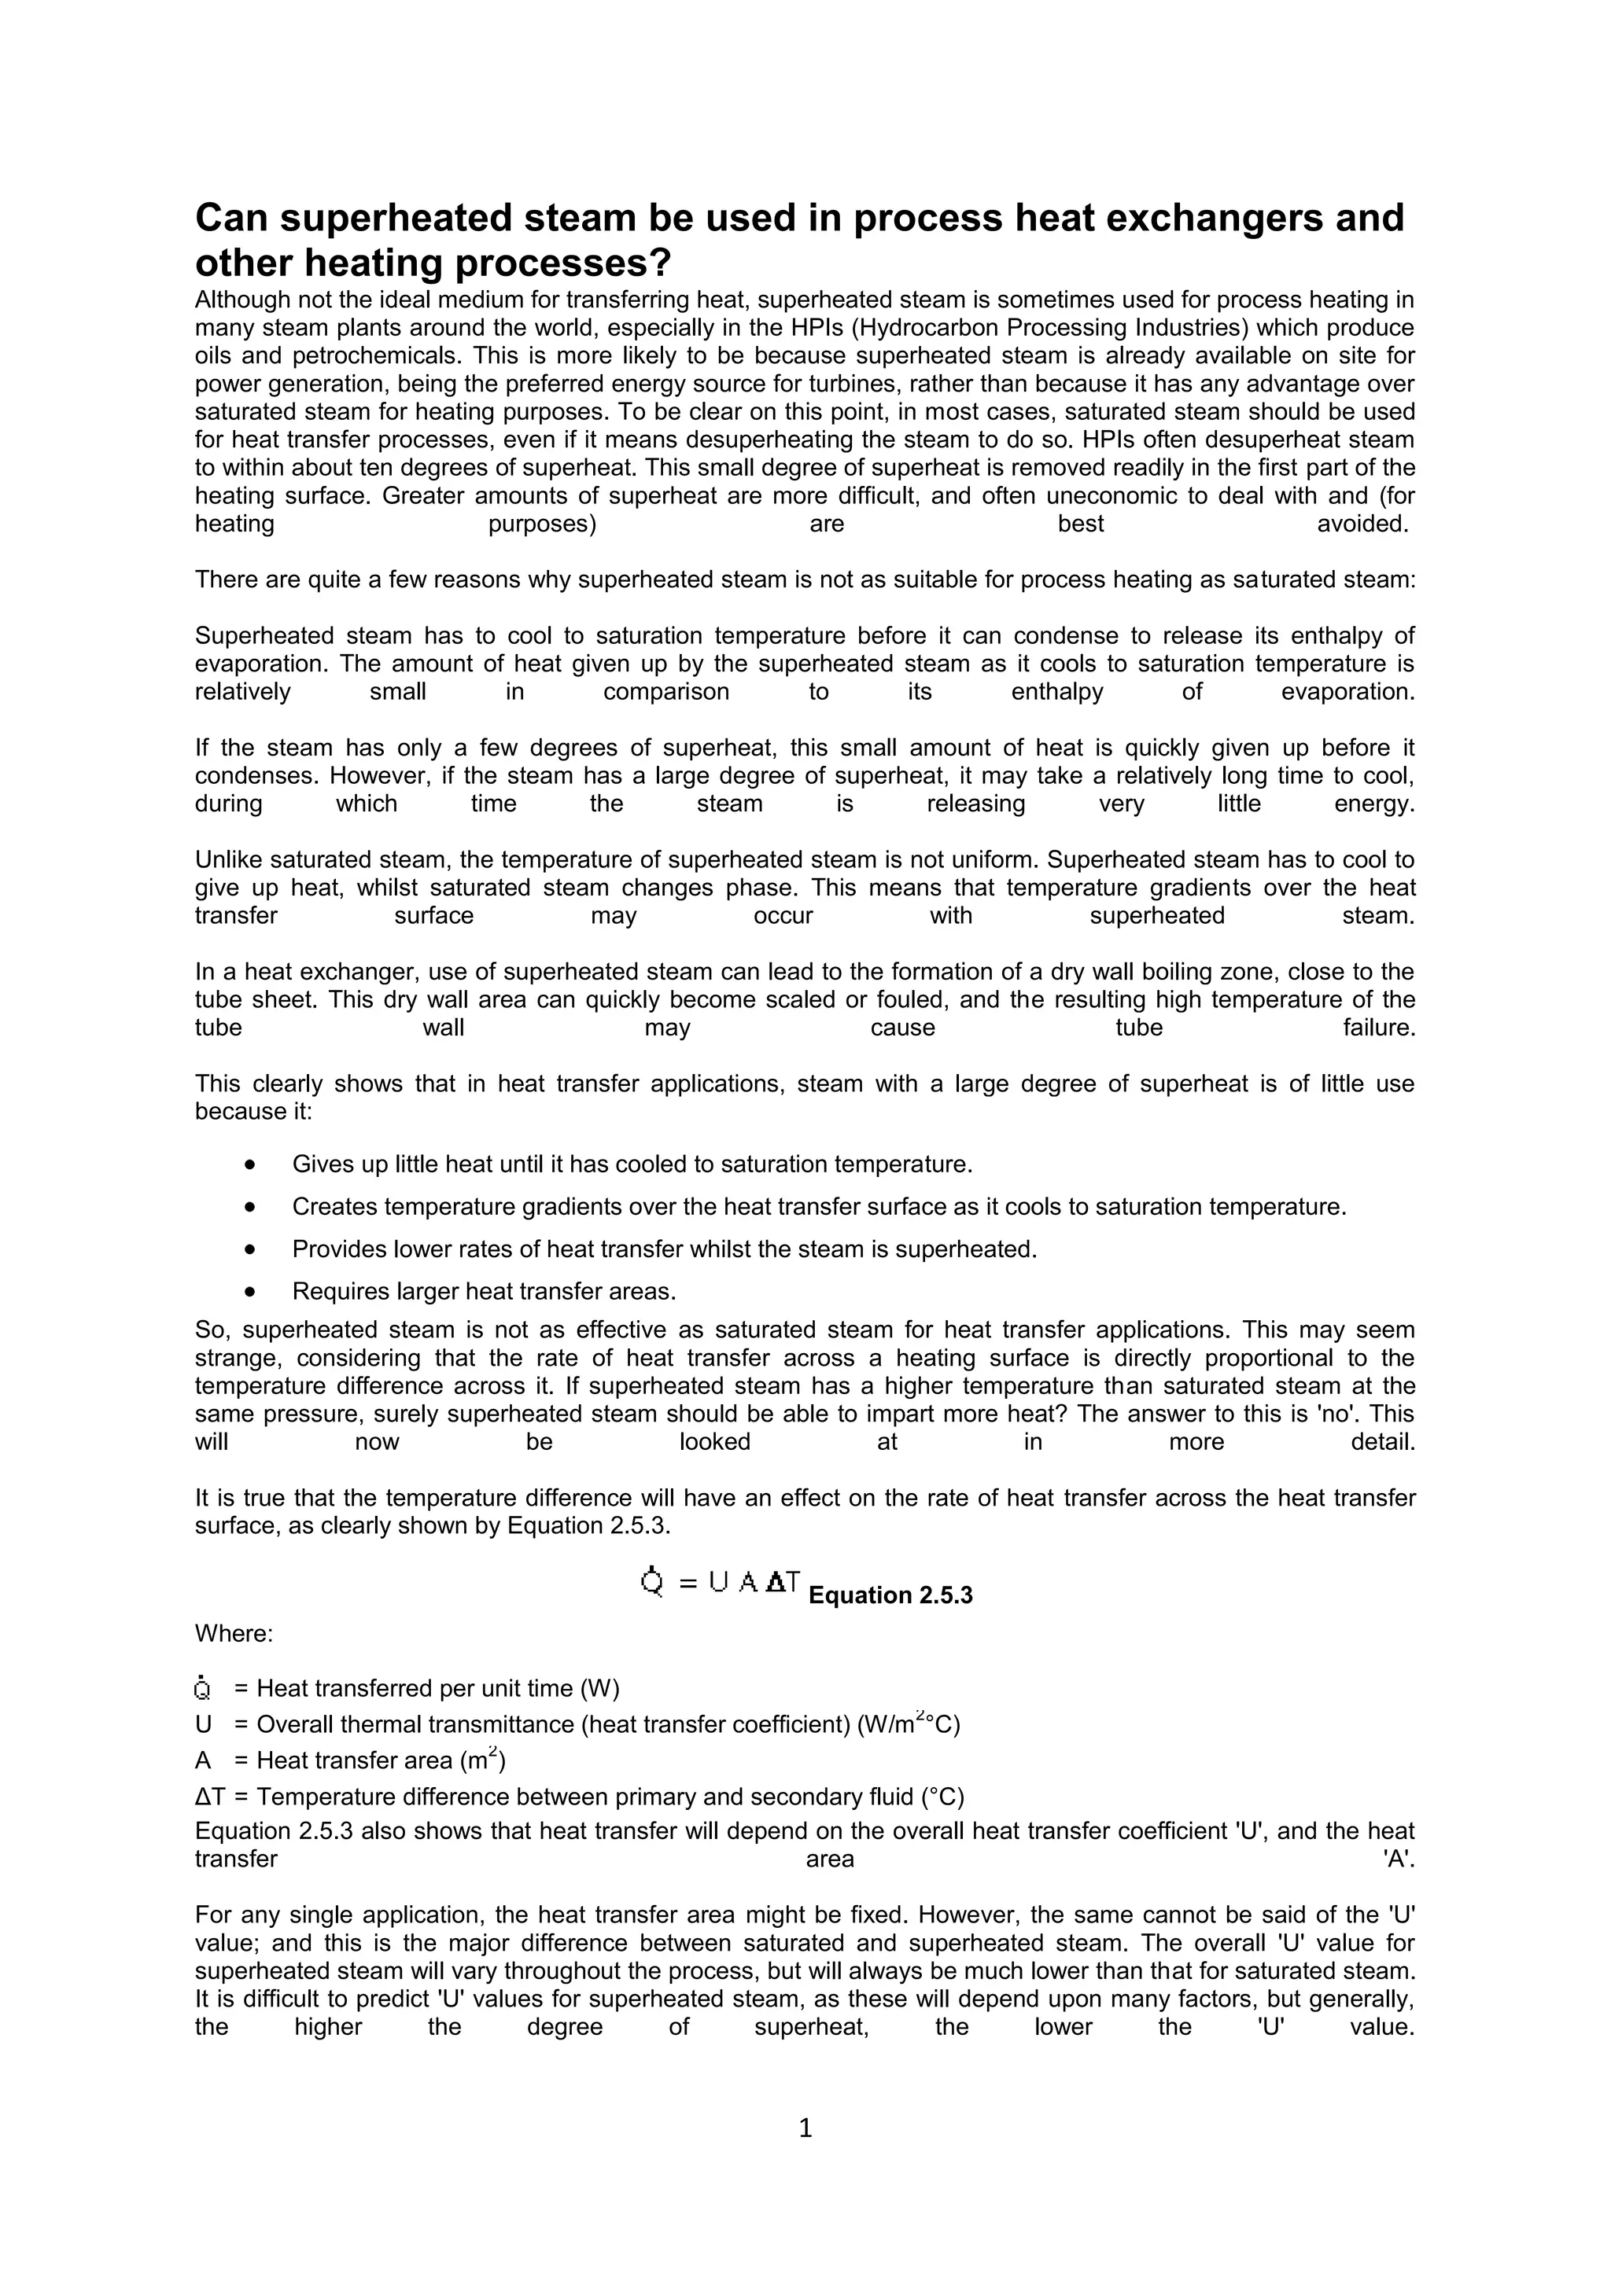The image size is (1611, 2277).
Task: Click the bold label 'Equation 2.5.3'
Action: tap(890, 1595)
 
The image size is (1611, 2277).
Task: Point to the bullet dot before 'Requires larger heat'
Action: tap(250, 1291)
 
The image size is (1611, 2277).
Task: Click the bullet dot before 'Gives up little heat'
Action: tap(250, 1164)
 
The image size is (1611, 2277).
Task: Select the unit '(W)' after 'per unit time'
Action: tap(599, 1689)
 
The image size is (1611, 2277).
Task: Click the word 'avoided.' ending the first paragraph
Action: tap(1362, 524)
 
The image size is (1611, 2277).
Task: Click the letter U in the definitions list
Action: tap(204, 1724)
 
